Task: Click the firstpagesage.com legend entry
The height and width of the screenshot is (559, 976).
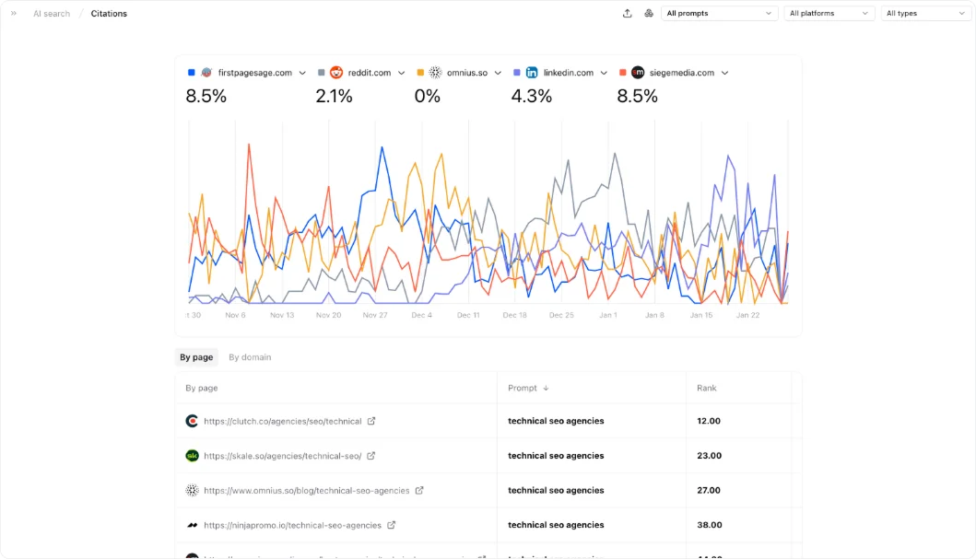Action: pos(254,73)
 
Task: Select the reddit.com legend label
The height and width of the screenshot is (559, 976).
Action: pos(369,73)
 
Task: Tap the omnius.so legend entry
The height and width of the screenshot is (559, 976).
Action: pos(466,73)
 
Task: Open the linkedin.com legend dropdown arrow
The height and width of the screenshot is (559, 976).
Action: pos(605,73)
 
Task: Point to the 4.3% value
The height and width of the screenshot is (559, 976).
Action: pos(532,97)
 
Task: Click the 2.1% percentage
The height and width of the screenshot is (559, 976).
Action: pos(334,97)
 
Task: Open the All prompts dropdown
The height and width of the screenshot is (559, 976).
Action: pos(720,14)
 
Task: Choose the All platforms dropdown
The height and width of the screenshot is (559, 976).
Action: pos(829,14)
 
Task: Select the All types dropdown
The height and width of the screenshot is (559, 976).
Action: pos(924,14)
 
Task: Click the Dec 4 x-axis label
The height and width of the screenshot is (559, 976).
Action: pos(421,315)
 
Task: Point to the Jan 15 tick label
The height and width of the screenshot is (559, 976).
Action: pos(701,315)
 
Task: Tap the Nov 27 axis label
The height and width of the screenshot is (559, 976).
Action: pos(375,315)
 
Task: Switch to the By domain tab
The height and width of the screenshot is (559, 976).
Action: pos(250,357)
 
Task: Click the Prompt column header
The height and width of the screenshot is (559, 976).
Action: pos(523,389)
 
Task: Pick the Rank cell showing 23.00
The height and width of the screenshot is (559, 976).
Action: pos(709,456)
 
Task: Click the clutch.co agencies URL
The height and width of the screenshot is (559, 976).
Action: pos(282,421)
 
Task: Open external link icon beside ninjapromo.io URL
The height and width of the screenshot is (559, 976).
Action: pos(392,525)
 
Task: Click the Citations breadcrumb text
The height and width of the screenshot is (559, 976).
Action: pos(109,14)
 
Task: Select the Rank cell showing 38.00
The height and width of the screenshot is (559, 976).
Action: pos(709,525)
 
